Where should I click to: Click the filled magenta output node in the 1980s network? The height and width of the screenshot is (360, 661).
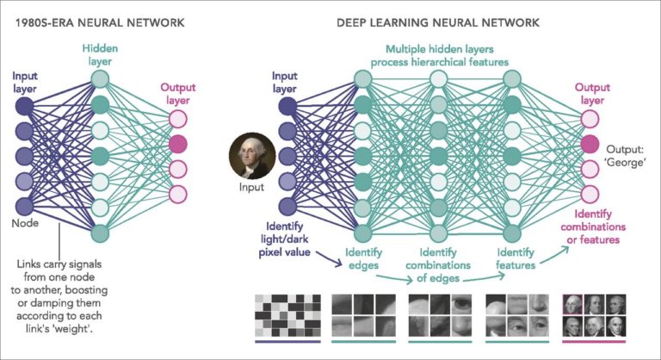click(x=178, y=143)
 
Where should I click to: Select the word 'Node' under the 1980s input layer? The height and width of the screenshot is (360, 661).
click(x=26, y=223)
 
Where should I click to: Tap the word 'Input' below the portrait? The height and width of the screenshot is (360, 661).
click(x=249, y=186)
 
